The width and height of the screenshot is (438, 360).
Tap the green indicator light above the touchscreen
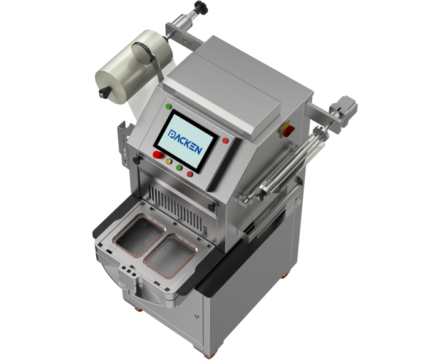(168, 106)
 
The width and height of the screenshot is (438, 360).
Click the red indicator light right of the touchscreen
(225, 141)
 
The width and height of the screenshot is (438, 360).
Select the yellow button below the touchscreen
(169, 161)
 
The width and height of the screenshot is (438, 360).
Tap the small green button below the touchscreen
(179, 167)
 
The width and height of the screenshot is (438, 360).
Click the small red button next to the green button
(190, 174)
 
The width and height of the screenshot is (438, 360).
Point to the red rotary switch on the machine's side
(289, 129)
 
